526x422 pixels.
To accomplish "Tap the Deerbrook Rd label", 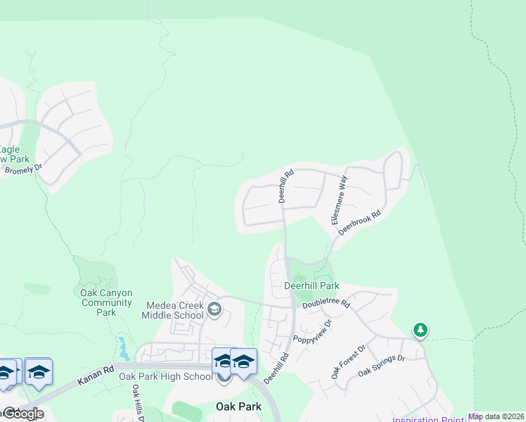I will [359, 222].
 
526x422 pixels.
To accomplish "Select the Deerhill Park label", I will [312, 286].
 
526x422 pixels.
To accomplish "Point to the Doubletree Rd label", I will [326, 304].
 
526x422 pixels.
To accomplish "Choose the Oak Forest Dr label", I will [349, 361].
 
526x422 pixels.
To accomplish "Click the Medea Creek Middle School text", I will [174, 310].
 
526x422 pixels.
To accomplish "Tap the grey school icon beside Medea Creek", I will [214, 307].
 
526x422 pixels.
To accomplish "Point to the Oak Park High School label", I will [165, 376].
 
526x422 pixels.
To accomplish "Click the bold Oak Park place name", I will [238, 407].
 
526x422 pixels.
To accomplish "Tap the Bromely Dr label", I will [23, 170].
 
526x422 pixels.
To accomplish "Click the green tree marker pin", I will [420, 329].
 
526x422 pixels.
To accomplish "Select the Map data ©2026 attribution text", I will [496, 416].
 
